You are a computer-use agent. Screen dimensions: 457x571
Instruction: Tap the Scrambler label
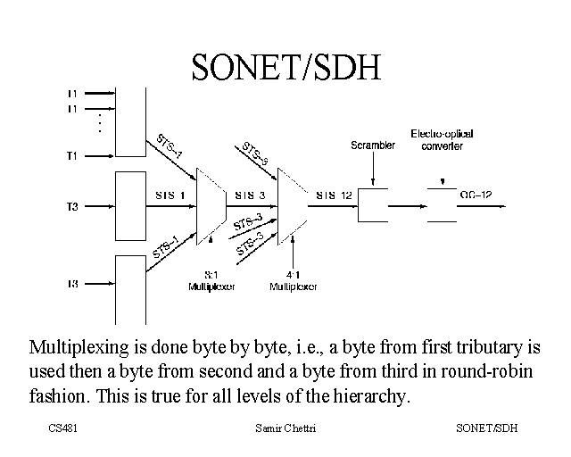point(373,145)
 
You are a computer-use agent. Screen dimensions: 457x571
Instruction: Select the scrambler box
point(373,205)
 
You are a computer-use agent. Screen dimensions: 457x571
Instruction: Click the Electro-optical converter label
point(442,139)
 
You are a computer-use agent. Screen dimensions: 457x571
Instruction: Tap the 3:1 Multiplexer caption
point(211,281)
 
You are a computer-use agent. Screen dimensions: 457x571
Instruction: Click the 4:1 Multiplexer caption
point(293,281)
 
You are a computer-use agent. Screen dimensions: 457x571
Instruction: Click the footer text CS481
point(64,429)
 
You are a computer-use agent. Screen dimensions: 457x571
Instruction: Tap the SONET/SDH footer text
point(486,429)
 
